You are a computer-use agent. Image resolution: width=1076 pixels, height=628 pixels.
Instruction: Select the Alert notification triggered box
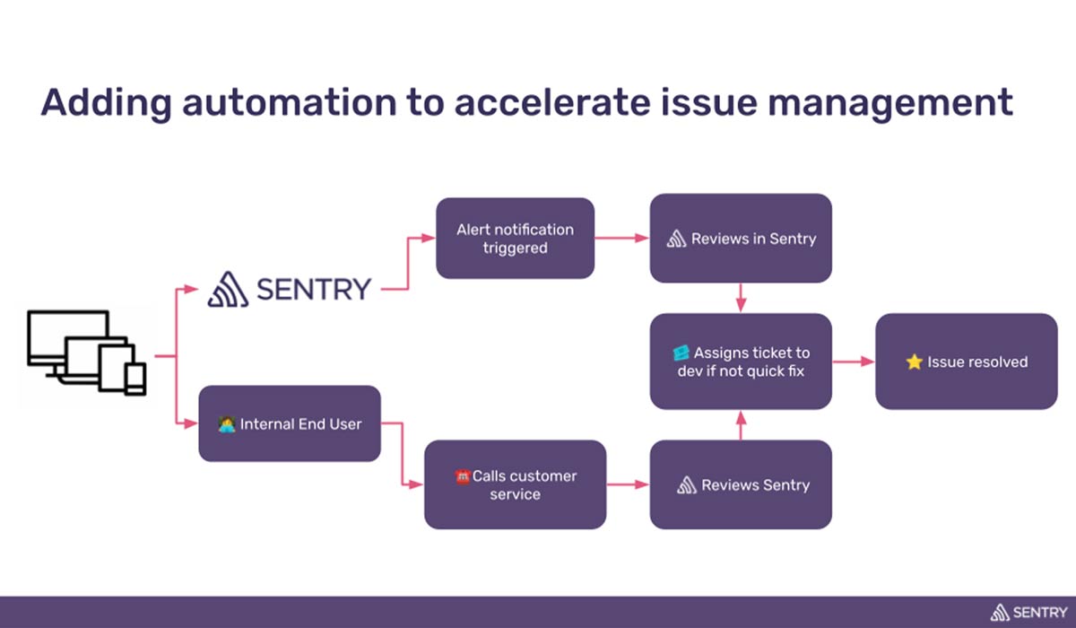(515, 239)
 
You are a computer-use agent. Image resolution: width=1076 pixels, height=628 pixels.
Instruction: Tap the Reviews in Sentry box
(741, 239)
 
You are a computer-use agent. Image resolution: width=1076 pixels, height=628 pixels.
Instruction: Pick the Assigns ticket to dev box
(741, 362)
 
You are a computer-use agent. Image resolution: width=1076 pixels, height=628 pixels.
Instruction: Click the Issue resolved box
(967, 362)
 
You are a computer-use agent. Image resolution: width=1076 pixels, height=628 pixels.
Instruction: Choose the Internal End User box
(289, 423)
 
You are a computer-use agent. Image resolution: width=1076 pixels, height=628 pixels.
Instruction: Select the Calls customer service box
(515, 484)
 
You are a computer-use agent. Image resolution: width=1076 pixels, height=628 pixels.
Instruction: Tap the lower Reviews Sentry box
(741, 484)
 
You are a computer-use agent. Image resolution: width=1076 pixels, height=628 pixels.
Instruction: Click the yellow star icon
(914, 362)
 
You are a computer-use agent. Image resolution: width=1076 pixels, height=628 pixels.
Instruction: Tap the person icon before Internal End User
(227, 423)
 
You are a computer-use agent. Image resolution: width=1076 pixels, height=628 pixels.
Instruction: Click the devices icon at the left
(86, 351)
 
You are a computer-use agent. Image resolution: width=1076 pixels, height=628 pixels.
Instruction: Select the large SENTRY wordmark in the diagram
(289, 289)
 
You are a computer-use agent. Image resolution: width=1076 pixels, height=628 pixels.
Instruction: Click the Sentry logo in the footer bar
(1028, 613)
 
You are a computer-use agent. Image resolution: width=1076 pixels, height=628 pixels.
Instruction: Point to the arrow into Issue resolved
(854, 362)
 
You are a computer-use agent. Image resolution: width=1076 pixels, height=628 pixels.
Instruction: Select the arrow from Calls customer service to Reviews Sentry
(628, 484)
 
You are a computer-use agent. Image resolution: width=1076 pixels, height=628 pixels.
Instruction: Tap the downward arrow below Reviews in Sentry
(741, 298)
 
